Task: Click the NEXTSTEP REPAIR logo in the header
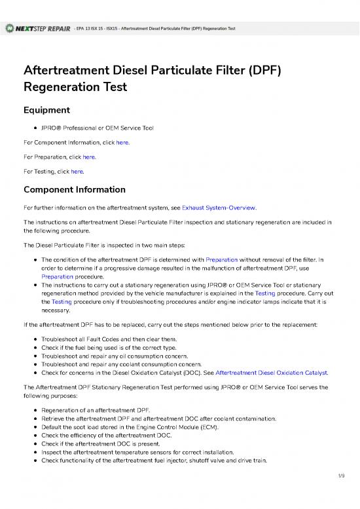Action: tap(38, 29)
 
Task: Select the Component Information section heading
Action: tap(74, 190)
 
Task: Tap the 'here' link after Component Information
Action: tap(122, 142)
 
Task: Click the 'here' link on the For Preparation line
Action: tap(89, 157)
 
